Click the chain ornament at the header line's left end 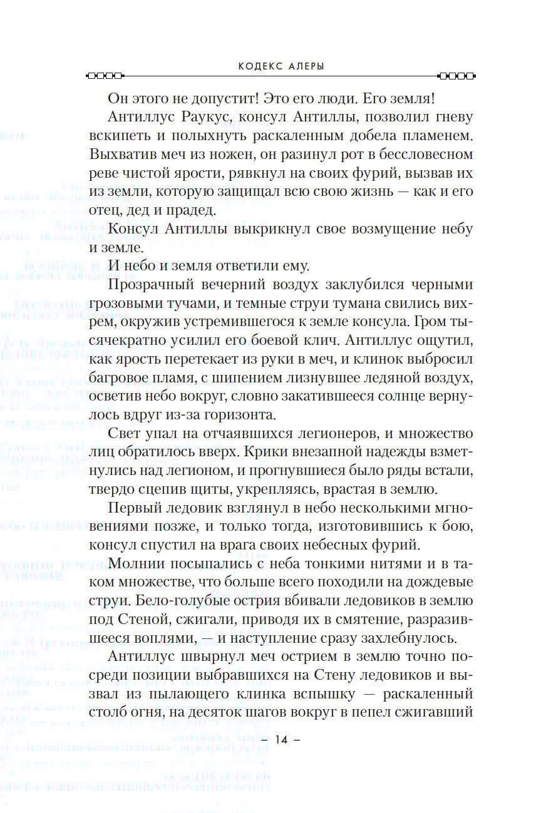click(104, 76)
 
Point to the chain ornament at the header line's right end click(456, 76)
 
